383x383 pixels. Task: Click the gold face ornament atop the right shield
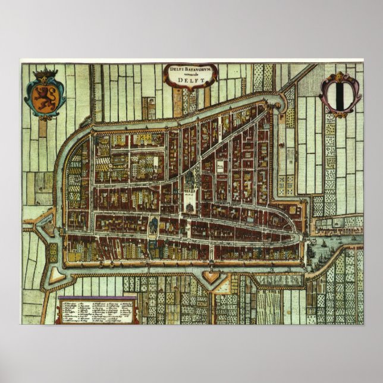pos(340,76)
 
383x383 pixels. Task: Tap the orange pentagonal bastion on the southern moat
pos(212,275)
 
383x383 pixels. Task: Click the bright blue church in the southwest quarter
pos(153,225)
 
